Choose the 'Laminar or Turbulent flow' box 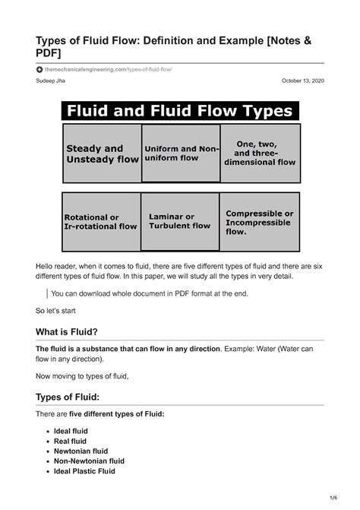point(181,221)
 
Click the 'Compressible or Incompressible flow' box point(261,221)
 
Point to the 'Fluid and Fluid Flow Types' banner point(181,111)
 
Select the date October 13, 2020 point(302,81)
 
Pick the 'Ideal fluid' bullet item point(71,431)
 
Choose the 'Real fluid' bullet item point(70,441)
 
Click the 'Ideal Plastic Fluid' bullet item point(84,470)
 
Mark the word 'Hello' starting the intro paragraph point(46,263)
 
